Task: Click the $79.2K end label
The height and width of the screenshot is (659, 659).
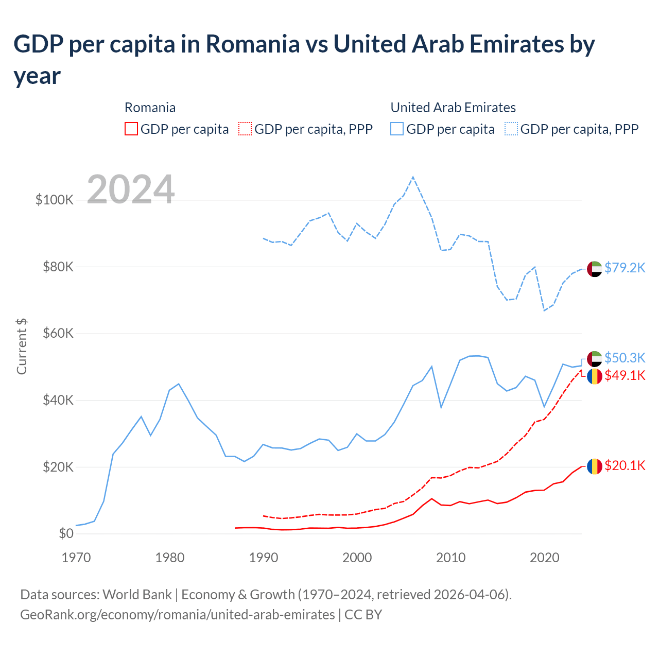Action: tap(625, 268)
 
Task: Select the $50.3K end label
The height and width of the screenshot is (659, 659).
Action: tap(625, 358)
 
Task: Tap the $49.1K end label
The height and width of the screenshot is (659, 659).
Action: tap(625, 376)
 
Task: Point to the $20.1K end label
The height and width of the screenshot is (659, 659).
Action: tap(625, 466)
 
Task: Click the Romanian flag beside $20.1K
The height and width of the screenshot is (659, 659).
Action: tap(595, 466)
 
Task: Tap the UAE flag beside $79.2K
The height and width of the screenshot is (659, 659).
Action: tap(595, 269)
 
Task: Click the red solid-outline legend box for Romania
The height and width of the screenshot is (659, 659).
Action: tap(131, 129)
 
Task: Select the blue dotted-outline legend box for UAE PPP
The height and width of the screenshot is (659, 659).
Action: tap(511, 129)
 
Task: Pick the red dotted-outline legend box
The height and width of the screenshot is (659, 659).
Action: tap(246, 129)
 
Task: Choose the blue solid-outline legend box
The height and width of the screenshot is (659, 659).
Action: tap(397, 129)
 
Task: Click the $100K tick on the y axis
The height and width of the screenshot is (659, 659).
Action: tap(55, 200)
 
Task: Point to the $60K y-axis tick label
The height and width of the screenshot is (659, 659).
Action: tap(58, 334)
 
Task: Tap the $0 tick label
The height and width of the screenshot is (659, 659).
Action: tap(66, 534)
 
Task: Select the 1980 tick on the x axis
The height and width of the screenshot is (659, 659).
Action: tap(170, 558)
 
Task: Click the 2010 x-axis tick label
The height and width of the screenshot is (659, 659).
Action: tap(451, 558)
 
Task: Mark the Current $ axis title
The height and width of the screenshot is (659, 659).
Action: tap(22, 346)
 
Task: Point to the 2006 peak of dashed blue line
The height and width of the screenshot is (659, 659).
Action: tap(413, 177)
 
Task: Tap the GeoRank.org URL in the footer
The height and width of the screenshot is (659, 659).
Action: tap(177, 615)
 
